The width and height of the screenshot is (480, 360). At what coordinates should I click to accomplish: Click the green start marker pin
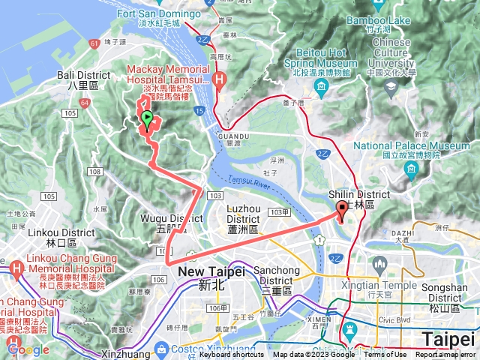(x=148, y=118)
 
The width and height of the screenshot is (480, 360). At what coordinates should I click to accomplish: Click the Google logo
(x=28, y=349)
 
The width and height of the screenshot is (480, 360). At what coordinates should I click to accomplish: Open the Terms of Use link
(x=386, y=355)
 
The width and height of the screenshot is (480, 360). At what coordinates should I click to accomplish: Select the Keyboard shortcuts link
(x=232, y=355)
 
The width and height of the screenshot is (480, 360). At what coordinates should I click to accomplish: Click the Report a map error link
(x=445, y=355)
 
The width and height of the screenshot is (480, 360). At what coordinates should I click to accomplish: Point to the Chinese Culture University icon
(x=390, y=88)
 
